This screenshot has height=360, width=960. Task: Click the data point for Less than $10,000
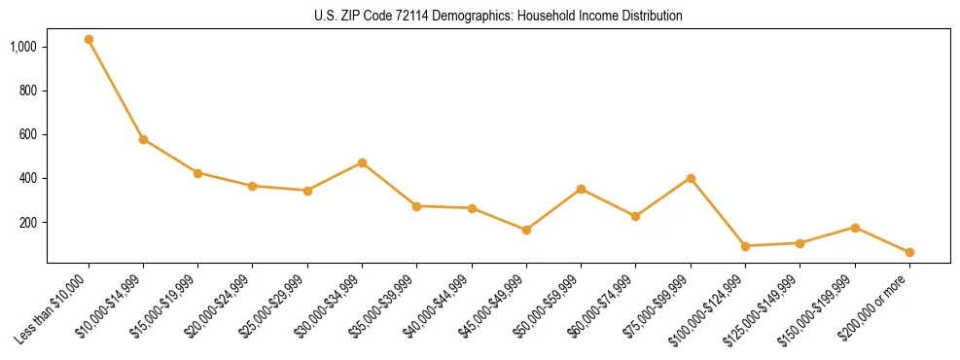point(89,40)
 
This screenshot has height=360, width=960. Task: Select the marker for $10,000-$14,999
point(143,139)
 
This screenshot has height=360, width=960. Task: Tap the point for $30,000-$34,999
point(362,162)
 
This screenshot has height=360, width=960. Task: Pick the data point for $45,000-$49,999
point(526,230)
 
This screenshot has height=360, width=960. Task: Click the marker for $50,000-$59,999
point(581,189)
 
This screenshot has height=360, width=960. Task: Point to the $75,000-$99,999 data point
point(691,178)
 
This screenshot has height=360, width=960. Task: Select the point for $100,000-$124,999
point(745,246)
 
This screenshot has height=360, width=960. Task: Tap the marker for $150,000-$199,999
point(855,228)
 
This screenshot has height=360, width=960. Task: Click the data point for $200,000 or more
point(909,252)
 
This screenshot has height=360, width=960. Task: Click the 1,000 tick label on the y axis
point(23,47)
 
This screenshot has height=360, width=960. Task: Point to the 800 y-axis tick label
point(28,90)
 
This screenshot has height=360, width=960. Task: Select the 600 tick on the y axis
point(28,134)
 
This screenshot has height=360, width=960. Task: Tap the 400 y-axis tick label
point(28,178)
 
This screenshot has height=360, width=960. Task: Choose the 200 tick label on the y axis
point(28,223)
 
